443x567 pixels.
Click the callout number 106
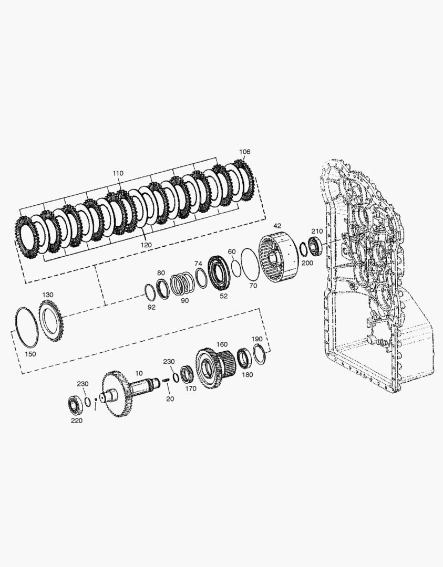coord(245,152)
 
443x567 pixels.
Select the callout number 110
coord(118,173)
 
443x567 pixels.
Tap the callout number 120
coord(146,245)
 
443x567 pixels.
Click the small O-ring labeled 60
coord(235,268)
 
